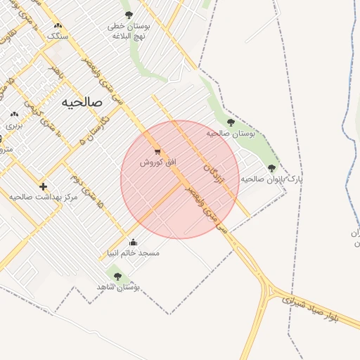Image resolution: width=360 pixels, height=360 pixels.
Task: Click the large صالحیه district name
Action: coord(82,102)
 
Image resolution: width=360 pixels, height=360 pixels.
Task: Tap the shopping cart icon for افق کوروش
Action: coord(157,151)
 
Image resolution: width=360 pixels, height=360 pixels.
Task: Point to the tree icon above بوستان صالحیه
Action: coord(231,122)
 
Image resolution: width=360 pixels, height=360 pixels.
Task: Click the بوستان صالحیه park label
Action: coord(230,132)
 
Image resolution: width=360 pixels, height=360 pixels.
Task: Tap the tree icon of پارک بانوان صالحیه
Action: coord(271,168)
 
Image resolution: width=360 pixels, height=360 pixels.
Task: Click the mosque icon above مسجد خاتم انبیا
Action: coord(134,243)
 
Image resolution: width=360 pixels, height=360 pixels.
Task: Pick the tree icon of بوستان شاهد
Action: coord(117,276)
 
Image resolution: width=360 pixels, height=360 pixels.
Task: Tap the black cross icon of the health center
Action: coord(44,186)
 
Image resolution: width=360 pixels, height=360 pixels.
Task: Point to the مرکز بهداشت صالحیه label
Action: coord(43,198)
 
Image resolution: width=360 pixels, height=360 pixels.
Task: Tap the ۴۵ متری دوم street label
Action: coord(91,198)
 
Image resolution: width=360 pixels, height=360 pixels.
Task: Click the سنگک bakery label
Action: coord(58,35)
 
